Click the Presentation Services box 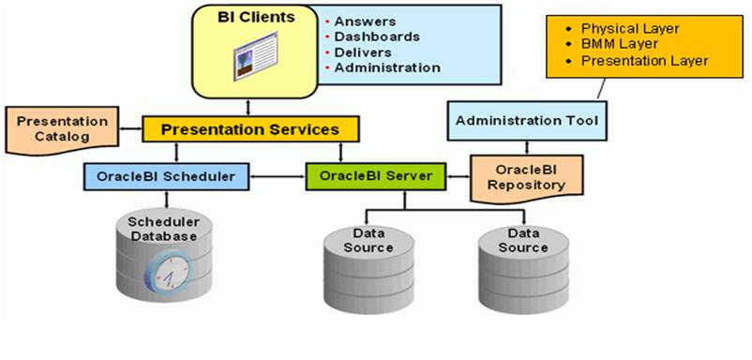tap(249, 129)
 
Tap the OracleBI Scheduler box tap(166, 175)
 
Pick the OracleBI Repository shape tap(525, 176)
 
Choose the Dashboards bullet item tap(376, 37)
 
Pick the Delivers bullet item tap(367, 52)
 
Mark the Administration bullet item tap(387, 67)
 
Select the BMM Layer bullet tap(615, 44)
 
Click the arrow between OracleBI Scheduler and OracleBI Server tap(278, 175)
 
